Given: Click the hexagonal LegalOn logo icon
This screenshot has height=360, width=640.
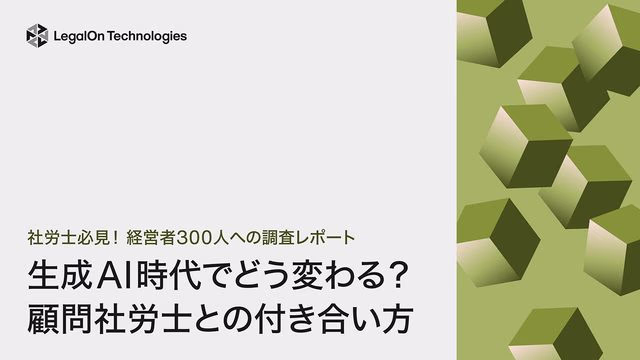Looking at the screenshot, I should (x=37, y=36).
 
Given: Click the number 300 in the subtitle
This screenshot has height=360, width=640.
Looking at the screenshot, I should (x=200, y=239).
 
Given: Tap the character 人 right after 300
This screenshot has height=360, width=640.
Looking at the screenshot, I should (x=229, y=239).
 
